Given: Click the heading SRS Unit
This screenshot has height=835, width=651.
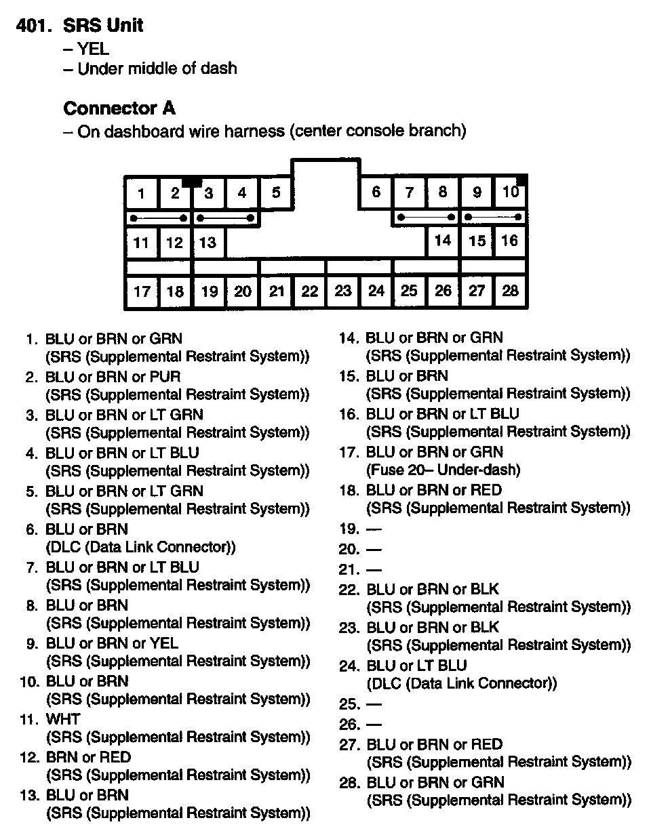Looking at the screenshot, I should [102, 26].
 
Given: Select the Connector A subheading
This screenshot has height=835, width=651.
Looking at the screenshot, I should [119, 108].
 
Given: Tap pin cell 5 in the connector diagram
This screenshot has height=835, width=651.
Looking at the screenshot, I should [276, 192].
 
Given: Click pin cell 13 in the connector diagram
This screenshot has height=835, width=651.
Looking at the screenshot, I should [208, 243].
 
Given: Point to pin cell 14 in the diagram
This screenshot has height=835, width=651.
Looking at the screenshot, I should [443, 241].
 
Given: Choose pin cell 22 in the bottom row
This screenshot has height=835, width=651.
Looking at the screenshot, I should [309, 291].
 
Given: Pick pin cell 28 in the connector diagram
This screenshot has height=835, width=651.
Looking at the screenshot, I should [510, 291].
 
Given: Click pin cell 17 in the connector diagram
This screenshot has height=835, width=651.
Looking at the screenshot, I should [142, 291].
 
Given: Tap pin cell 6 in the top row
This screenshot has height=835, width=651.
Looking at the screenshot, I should [376, 192].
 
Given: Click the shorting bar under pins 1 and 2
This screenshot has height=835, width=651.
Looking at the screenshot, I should [159, 218].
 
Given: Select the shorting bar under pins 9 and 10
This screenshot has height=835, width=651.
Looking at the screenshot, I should [494, 218].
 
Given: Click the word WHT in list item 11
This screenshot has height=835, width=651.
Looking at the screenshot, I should [63, 719].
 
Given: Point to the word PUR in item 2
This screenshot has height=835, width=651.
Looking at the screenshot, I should [167, 376].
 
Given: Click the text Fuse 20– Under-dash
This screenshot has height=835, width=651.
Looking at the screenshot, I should [443, 470].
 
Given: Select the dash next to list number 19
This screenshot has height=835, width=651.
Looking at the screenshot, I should [374, 529].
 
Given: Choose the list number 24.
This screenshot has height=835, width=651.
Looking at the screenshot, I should [349, 666].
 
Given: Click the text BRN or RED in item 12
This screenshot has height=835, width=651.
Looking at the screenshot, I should [88, 757].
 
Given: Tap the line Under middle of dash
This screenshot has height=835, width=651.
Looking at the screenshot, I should [157, 68].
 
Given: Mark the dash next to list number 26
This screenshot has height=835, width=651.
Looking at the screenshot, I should [374, 725].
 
